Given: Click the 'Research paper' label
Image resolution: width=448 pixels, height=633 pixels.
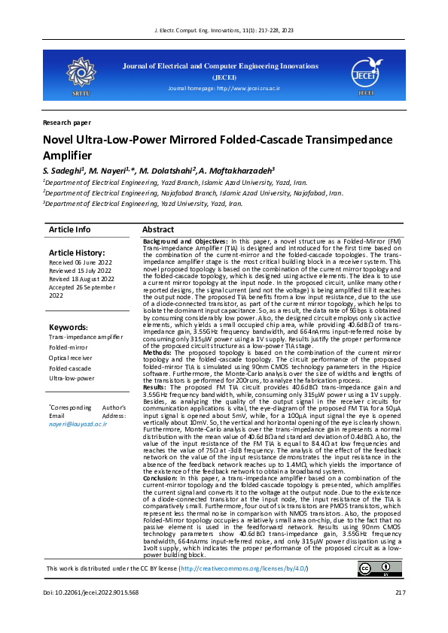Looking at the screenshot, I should point(67,122).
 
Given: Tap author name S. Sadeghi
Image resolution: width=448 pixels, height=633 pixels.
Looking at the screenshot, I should point(62,171).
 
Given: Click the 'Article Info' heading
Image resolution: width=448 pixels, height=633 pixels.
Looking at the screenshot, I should point(69,229).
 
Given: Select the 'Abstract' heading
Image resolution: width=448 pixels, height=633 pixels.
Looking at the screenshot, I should point(158,229).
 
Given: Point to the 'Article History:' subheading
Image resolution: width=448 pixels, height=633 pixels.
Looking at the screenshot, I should point(77,253).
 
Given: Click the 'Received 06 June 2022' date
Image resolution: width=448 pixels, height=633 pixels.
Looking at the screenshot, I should point(81,262).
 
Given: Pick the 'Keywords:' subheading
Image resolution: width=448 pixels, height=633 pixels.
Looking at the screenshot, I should point(69,327).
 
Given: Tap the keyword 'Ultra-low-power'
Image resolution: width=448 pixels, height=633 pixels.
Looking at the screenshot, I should point(73,378).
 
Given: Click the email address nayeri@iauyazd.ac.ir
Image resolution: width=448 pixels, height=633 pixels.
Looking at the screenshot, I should point(78,424).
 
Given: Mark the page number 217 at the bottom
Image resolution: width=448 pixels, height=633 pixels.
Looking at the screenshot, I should point(400,614).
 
